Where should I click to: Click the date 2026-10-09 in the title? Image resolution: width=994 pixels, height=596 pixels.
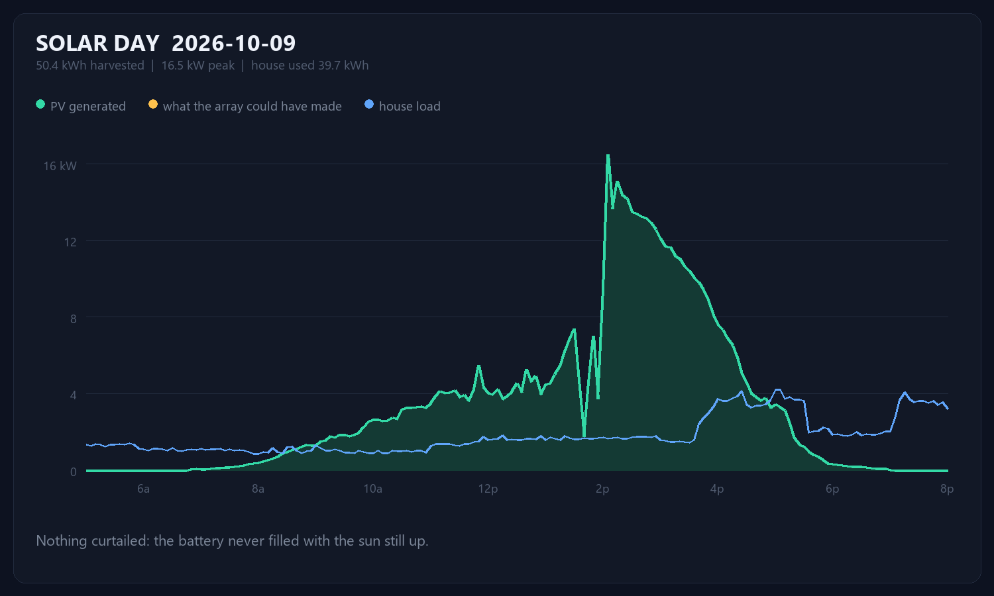233,44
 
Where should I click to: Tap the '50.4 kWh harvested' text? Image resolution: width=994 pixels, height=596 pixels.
90,66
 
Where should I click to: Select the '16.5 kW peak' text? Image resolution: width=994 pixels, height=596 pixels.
198,66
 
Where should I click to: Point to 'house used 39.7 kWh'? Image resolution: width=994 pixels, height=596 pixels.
309,66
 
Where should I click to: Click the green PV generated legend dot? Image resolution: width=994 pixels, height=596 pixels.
40,105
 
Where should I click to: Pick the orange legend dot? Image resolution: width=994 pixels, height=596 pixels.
152,105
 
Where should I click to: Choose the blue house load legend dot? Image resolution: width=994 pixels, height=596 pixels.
368,105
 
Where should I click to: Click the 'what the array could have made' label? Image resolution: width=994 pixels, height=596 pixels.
252,107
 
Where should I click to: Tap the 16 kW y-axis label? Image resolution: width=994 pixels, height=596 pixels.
60,166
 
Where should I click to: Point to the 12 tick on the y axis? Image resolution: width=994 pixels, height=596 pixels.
70,242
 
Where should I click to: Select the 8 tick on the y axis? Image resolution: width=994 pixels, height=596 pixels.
73,319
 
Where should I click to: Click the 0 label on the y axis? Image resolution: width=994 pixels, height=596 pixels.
73,472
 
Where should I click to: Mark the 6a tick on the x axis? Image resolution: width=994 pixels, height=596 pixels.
143,489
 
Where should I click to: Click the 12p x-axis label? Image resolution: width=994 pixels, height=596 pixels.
488,489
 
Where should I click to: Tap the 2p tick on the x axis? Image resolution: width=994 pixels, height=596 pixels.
602,489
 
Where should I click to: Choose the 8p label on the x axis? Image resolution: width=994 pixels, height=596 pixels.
947,489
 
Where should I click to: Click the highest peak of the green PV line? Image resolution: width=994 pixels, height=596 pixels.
608,155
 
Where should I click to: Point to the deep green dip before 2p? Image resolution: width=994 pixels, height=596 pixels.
584,436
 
